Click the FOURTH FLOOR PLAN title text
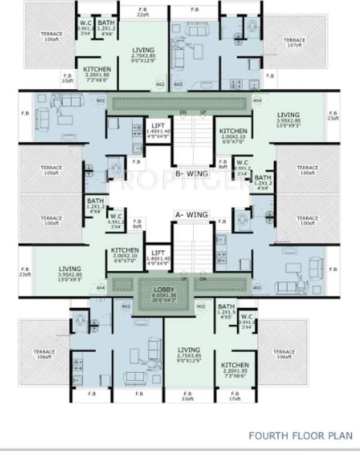pyautogui.click(x=300, y=436)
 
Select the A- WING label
pyautogui.click(x=193, y=215)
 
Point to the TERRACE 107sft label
pyautogui.click(x=294, y=42)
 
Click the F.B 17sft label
pyautogui.click(x=234, y=395)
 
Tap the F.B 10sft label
pyautogui.click(x=67, y=78)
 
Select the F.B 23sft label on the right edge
pyautogui.click(x=333, y=116)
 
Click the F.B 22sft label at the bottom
pyautogui.click(x=187, y=396)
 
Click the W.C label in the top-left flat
pyautogui.click(x=85, y=25)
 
